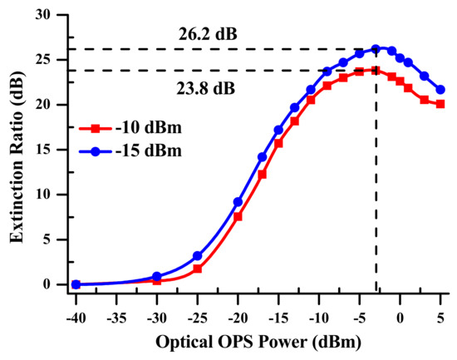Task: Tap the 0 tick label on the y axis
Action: (x=55, y=284)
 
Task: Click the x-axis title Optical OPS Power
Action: (x=258, y=343)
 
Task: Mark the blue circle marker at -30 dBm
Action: (x=156, y=276)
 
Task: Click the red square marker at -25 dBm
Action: (x=197, y=269)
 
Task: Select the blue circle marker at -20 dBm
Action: (x=238, y=202)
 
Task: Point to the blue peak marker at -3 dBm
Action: (x=376, y=49)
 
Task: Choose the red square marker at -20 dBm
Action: (x=238, y=216)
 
